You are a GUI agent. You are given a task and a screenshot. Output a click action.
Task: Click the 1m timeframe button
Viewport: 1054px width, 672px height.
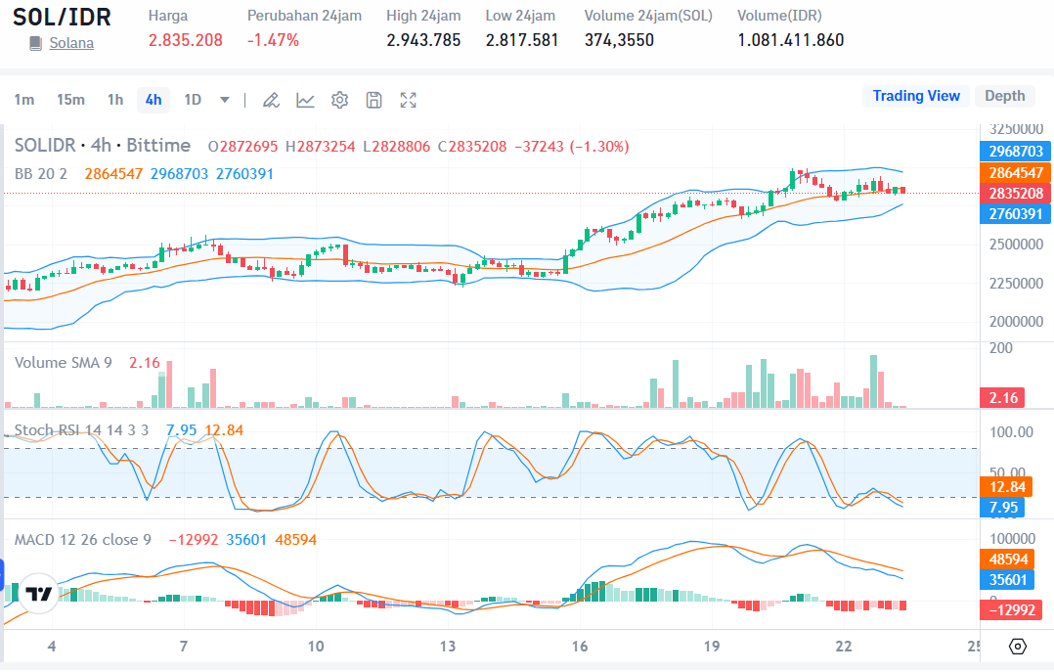tap(24, 100)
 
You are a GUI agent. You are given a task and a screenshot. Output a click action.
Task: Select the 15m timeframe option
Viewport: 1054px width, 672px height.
tap(70, 100)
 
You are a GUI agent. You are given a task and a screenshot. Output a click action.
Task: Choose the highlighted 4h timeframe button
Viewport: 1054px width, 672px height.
tap(154, 100)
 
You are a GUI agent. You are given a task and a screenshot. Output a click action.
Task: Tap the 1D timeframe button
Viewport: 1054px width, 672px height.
tap(193, 100)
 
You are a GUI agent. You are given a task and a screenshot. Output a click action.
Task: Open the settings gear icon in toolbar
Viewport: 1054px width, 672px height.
tap(339, 100)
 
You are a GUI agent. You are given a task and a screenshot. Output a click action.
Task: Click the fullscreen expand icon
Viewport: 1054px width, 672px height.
tap(409, 100)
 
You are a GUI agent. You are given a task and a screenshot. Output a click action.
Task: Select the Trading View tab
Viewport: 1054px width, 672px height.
tap(916, 96)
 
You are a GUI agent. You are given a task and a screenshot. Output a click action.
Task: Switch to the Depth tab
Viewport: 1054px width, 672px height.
tap(1004, 96)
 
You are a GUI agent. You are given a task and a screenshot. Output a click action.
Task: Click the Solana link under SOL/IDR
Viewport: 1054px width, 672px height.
tap(71, 43)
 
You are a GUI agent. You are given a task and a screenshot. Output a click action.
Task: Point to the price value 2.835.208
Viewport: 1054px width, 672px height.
tap(186, 40)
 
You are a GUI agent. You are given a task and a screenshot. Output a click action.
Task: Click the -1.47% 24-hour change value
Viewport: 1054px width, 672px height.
tap(273, 40)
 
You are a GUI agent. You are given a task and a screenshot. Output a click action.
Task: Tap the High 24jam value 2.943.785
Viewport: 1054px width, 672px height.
tap(423, 40)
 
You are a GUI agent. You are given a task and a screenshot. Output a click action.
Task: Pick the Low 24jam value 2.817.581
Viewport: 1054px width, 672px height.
tap(522, 40)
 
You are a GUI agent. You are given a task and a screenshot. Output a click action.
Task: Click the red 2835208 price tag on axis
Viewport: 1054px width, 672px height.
tap(1016, 193)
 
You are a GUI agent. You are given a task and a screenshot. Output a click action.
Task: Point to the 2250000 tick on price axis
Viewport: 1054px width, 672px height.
tap(1015, 283)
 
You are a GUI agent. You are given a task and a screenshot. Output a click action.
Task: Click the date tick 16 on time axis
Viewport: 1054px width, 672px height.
tap(580, 647)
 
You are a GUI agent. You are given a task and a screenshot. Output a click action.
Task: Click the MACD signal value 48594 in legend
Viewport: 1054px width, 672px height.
tap(294, 539)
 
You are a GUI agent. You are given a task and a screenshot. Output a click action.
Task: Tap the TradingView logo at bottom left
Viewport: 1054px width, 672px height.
tap(38, 594)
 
